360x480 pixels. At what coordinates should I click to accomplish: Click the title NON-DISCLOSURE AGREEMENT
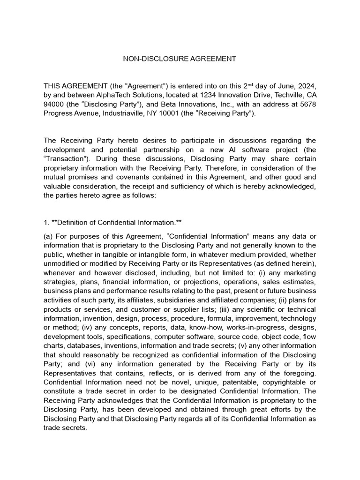pyautogui.click(x=180, y=59)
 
